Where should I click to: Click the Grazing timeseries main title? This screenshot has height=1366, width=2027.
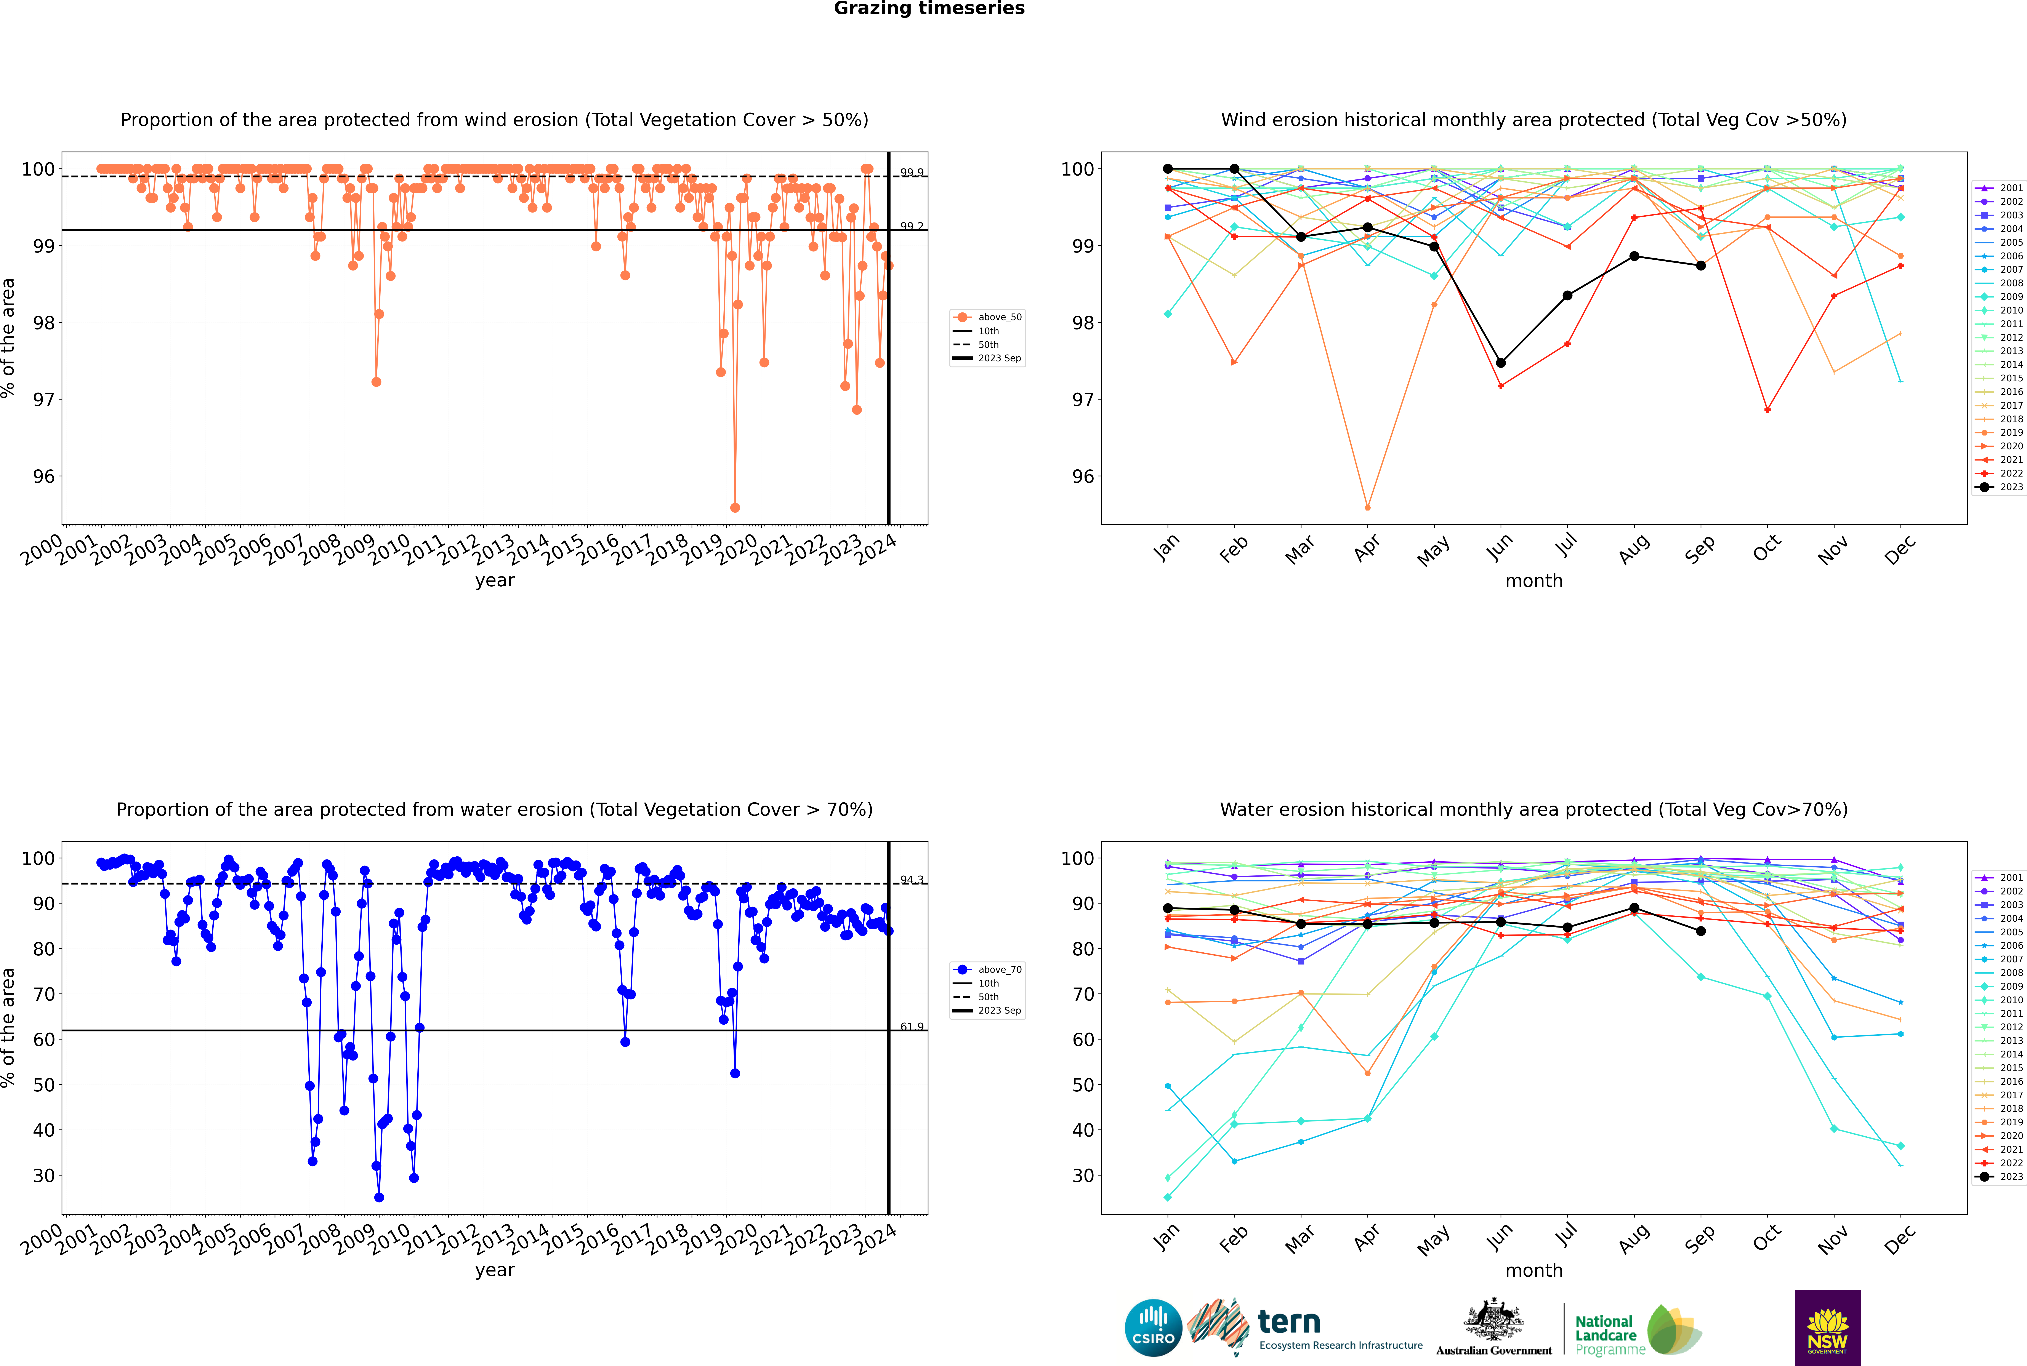click(929, 9)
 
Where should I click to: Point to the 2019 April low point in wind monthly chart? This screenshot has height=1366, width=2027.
click(1367, 507)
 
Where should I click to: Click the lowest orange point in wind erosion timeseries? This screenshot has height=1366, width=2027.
click(735, 507)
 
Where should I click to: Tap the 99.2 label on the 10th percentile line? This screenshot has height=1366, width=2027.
click(912, 227)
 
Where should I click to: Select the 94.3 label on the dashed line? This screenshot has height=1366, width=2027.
click(912, 880)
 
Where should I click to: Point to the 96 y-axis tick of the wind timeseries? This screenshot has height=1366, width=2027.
click(43, 477)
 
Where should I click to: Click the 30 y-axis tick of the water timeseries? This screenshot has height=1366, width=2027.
click(43, 1175)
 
